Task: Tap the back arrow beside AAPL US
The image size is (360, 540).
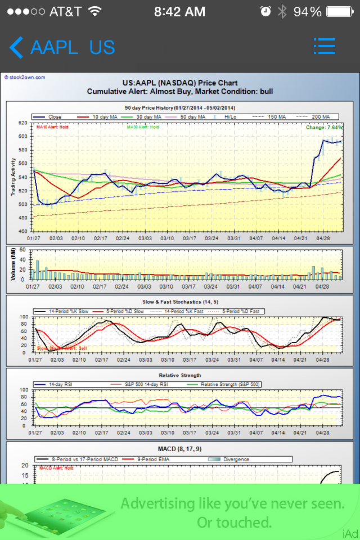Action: (x=16, y=48)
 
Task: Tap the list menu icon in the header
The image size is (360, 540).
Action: (x=324, y=47)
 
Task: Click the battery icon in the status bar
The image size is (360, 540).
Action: (x=341, y=11)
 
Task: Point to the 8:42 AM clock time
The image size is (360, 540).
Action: (x=179, y=11)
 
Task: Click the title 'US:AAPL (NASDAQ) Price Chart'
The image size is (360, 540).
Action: (x=180, y=83)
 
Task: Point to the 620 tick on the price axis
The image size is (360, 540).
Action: (x=22, y=123)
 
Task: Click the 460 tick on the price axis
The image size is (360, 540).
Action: (x=22, y=231)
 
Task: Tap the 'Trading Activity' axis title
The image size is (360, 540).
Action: (x=13, y=177)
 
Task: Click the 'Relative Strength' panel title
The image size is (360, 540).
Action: (x=180, y=375)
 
